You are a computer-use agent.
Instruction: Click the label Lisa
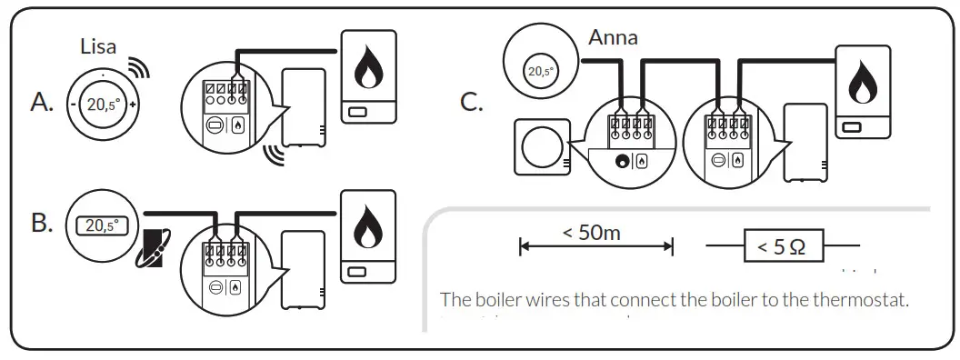[x=99, y=46]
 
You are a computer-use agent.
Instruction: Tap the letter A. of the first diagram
[x=43, y=104]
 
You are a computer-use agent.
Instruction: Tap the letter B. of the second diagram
[x=43, y=223]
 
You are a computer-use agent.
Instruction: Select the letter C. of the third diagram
[x=471, y=101]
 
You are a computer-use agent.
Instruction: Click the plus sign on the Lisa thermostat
[x=134, y=105]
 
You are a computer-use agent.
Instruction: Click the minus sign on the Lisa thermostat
[x=72, y=105]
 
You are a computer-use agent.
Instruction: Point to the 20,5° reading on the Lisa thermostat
[x=102, y=105]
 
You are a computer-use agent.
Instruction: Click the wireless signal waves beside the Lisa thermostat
[x=137, y=69]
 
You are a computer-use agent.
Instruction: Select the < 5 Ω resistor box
[x=782, y=246]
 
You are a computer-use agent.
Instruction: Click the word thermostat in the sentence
[x=864, y=299]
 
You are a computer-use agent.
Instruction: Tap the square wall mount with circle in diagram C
[x=542, y=145]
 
